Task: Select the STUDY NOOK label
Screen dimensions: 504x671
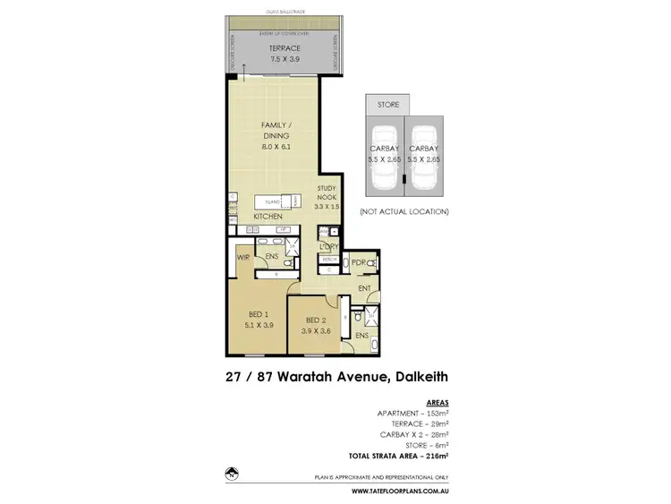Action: (326, 193)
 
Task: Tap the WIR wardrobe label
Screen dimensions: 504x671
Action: (242, 257)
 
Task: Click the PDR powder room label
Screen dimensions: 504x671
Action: (359, 262)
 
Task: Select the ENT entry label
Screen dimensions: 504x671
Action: (364, 288)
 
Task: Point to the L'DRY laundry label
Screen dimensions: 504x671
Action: (327, 245)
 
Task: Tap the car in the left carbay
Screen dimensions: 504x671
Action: (383, 178)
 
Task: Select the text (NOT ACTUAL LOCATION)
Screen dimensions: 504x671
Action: (403, 211)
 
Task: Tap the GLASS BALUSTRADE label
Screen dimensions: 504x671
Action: (280, 11)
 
